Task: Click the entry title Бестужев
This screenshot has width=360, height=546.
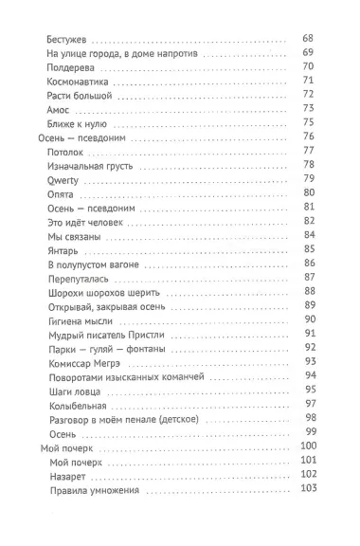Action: pos(67,40)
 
